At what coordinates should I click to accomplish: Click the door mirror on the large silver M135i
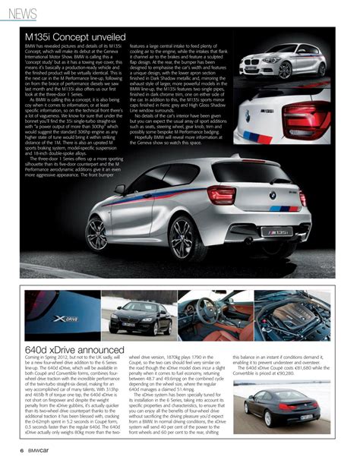(x=120, y=190)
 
